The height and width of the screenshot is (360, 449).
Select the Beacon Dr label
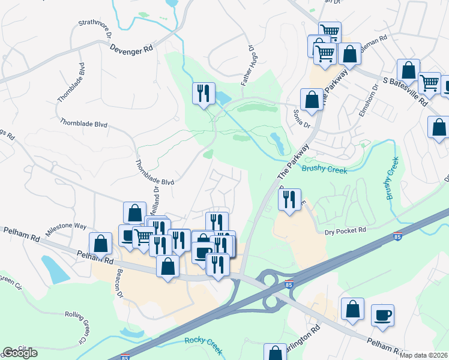pos(119,289)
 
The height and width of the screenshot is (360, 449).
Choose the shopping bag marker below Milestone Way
pos(100,244)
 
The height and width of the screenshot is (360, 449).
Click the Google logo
pos(20,353)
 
